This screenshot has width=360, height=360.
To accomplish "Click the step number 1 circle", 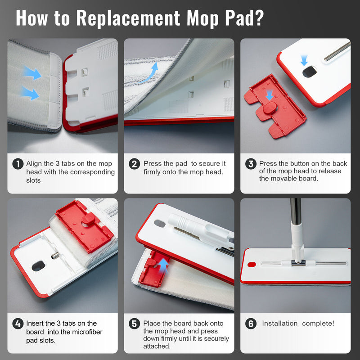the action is click(18, 164).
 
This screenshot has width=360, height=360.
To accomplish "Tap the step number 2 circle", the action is click(134, 164).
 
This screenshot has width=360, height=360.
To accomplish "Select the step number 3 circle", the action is click(251, 164).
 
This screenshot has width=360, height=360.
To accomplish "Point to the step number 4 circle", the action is click(18, 324).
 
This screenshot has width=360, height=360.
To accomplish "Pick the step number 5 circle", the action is click(134, 324).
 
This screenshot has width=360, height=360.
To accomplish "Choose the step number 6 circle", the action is click(251, 324).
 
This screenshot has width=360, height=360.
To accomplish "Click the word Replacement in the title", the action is click(128, 18).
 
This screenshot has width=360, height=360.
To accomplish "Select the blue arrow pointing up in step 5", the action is click(163, 265).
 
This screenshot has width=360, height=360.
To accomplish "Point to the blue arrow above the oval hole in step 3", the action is click(304, 60).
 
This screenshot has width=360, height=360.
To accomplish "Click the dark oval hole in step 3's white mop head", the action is click(310, 72).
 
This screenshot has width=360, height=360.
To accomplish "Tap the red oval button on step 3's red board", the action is click(270, 108).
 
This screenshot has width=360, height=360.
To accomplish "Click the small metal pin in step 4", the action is click(55, 255).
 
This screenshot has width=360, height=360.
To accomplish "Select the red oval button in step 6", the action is click(252, 265).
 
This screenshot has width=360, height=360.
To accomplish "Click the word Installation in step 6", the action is click(279, 324).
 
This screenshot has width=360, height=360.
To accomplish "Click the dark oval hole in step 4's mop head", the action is click(38, 266).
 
